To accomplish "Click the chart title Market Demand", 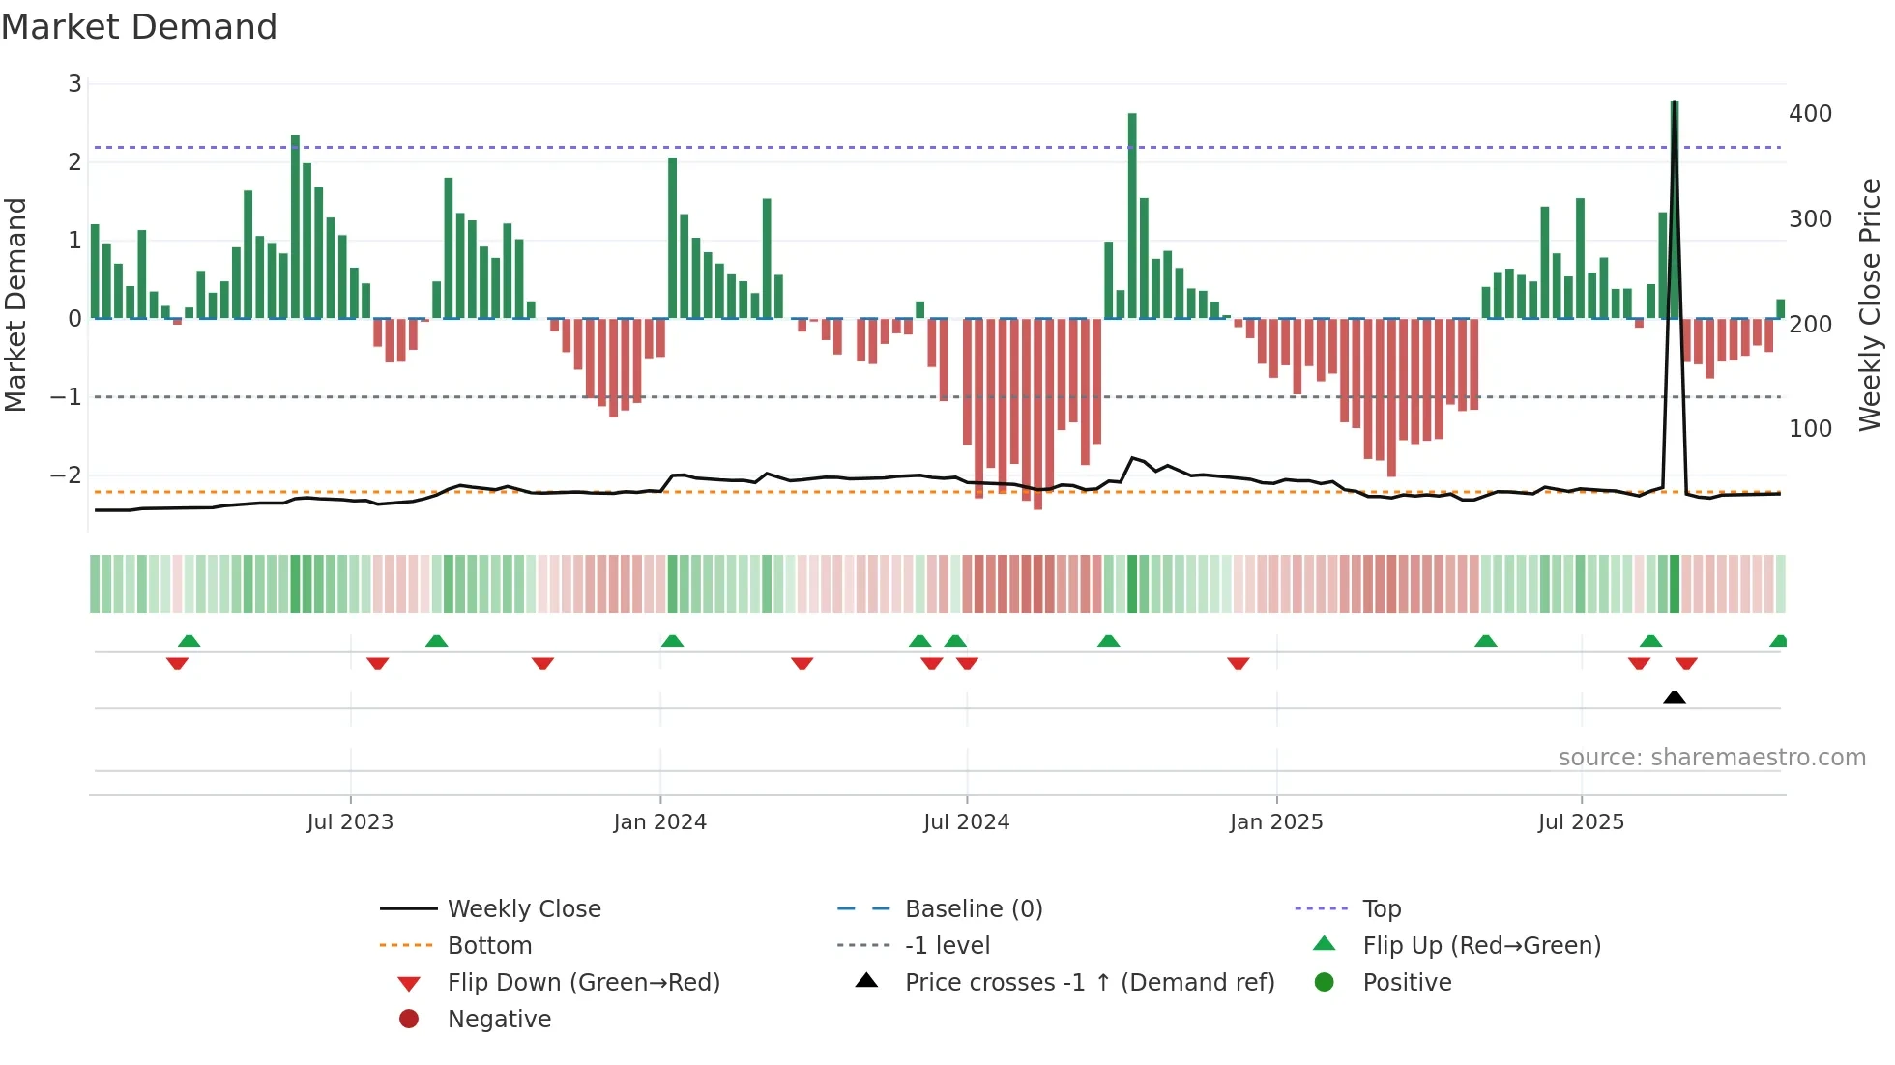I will pyautogui.click(x=139, y=27).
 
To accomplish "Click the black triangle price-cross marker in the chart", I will pyautogui.click(x=1675, y=697).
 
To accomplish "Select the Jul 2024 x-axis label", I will pyautogui.click(x=966, y=822).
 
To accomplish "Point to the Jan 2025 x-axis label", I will pyautogui.click(x=1276, y=822).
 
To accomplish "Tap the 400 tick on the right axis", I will pyautogui.click(x=1810, y=114).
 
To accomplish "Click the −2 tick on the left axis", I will pyautogui.click(x=66, y=475).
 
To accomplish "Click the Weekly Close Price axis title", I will pyautogui.click(x=1870, y=304).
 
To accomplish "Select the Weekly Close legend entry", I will pyautogui.click(x=523, y=908).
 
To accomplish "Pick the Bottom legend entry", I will pyautogui.click(x=489, y=945).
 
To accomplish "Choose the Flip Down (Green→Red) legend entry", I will pyautogui.click(x=583, y=982).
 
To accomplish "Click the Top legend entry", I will pyautogui.click(x=1382, y=908).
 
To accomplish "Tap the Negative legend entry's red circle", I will pyautogui.click(x=409, y=1019).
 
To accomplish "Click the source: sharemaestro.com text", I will pyautogui.click(x=1711, y=758).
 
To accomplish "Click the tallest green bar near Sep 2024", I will pyautogui.click(x=1132, y=213).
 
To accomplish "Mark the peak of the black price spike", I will pyautogui.click(x=1674, y=102).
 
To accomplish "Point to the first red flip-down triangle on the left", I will pyautogui.click(x=177, y=663).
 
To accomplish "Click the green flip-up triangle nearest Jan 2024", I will pyautogui.click(x=672, y=641).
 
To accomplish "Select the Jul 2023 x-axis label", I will pyautogui.click(x=350, y=822).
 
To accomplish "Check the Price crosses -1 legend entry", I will pyautogui.click(x=1090, y=982).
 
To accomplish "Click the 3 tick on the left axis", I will pyautogui.click(x=74, y=84).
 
